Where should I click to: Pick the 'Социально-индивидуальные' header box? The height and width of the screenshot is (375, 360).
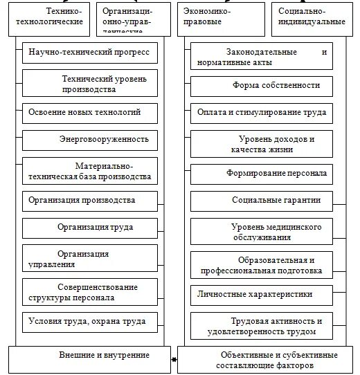[x=311, y=17]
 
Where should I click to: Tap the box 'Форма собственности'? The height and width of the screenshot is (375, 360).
[x=262, y=86]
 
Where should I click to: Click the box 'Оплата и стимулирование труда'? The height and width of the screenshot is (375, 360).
[x=262, y=112]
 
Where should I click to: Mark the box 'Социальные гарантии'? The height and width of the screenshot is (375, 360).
[x=262, y=201]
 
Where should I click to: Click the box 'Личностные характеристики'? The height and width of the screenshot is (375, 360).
[x=262, y=295]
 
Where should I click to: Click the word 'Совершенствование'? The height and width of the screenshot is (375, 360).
[x=98, y=287]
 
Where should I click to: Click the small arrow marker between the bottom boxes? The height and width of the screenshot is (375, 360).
[x=174, y=360]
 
